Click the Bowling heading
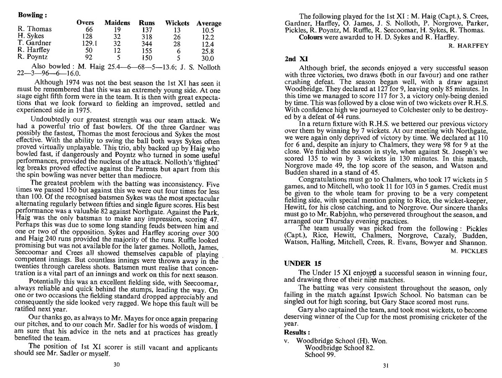coord(32,14)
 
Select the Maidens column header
coord(117,23)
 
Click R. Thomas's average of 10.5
coord(208,30)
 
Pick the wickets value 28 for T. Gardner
coord(176,44)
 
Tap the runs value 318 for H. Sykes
coord(147,37)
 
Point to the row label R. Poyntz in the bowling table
coord(32,57)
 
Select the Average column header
coord(209,23)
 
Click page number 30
coord(117,364)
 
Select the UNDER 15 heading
coord(303,263)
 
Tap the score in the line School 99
coord(332,354)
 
